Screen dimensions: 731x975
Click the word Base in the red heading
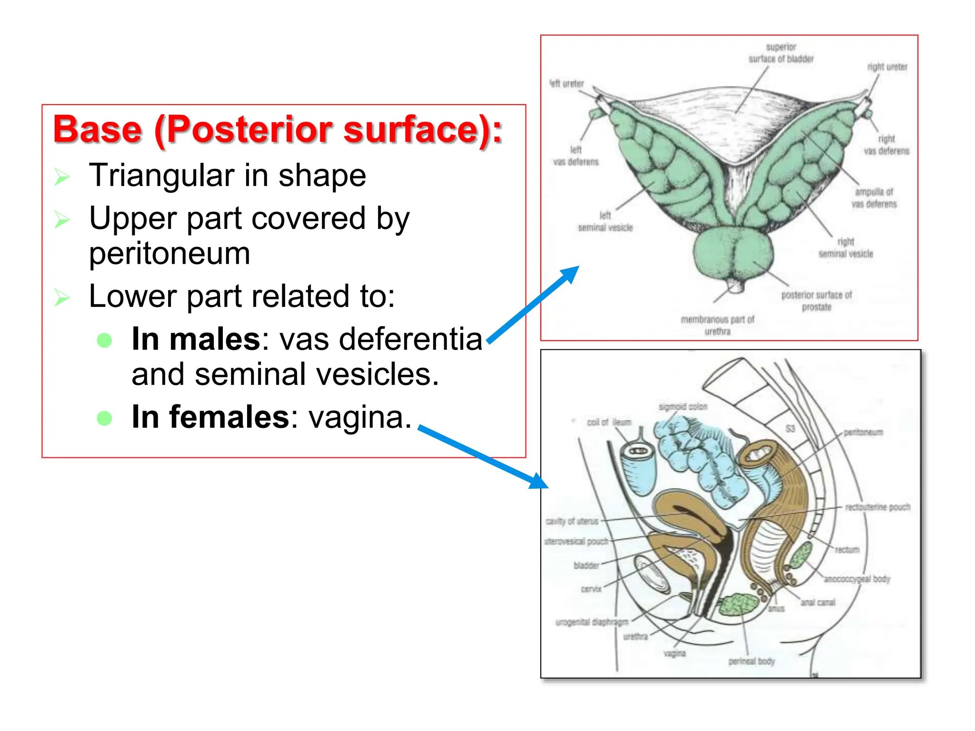(x=97, y=130)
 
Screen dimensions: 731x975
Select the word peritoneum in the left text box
(x=169, y=253)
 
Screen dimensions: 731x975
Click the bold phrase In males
(x=196, y=339)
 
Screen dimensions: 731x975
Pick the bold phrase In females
(x=210, y=417)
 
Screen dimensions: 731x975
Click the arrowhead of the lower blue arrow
(x=540, y=482)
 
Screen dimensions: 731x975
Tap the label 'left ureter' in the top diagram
(x=567, y=84)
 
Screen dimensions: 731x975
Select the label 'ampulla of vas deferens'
(x=874, y=198)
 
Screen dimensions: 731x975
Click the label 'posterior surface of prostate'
(x=816, y=301)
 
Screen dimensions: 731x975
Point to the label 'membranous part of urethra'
(x=717, y=325)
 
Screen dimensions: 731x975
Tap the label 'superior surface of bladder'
(x=781, y=53)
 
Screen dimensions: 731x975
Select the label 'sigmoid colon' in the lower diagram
(x=683, y=407)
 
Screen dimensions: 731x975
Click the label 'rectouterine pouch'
(x=877, y=507)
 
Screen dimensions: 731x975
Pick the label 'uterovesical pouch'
(x=577, y=542)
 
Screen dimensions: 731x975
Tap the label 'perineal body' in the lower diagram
(x=751, y=661)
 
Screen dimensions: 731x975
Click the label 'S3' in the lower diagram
(x=790, y=428)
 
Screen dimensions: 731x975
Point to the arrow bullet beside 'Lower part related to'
(x=62, y=297)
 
